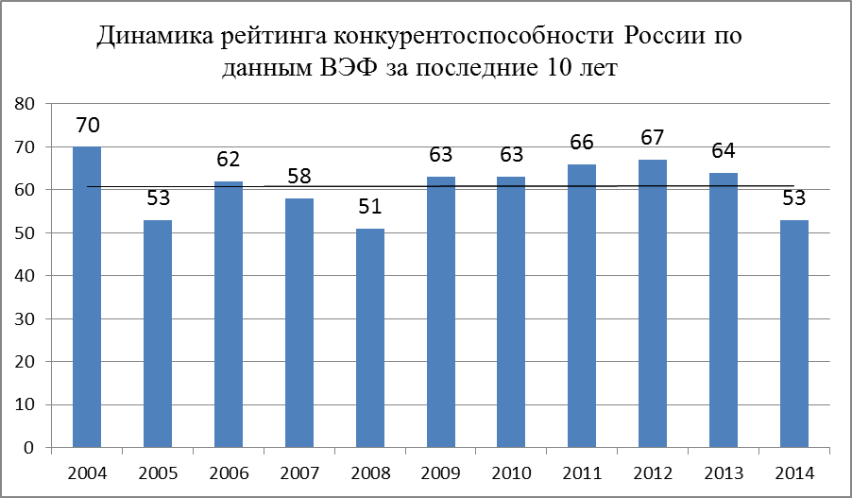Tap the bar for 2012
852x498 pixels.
654,303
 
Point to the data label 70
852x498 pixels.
87,126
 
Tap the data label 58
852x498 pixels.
299,177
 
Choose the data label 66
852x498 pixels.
583,143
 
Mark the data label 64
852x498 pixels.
724,151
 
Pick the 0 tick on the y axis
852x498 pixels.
30,447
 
